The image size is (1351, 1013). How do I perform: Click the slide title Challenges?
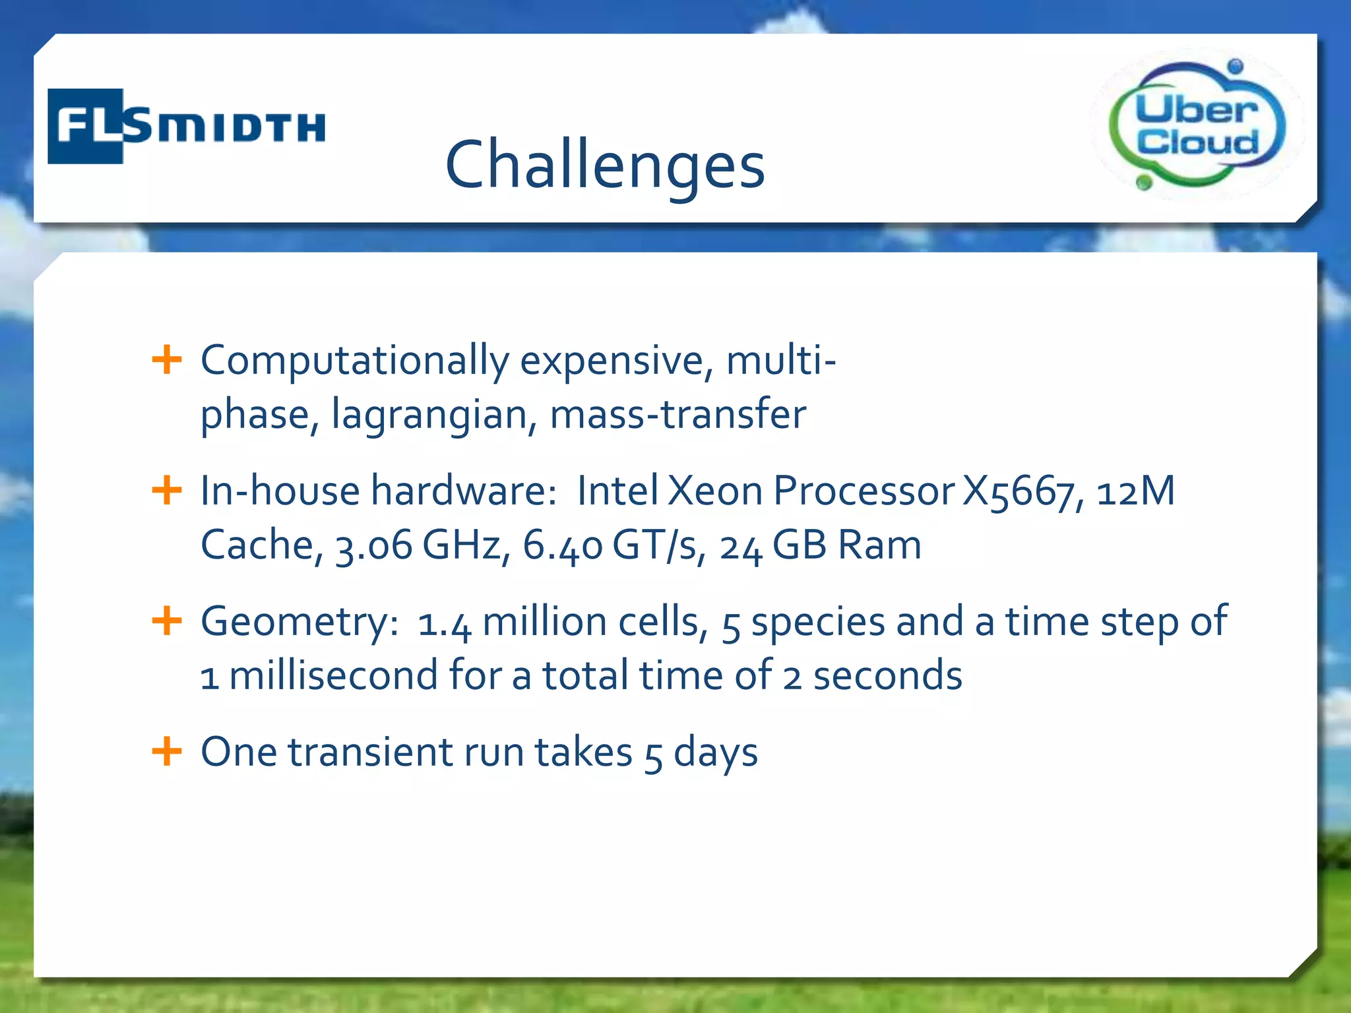click(605, 165)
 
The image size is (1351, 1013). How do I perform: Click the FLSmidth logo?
click(187, 126)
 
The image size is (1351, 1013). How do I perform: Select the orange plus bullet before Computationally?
click(167, 360)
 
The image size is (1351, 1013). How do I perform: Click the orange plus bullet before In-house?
click(167, 491)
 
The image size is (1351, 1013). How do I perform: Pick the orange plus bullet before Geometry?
click(167, 621)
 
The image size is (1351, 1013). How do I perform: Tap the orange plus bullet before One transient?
click(167, 751)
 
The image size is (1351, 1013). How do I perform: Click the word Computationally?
click(354, 361)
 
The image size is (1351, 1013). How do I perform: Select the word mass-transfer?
click(677, 414)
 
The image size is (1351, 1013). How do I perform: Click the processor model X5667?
click(1019, 492)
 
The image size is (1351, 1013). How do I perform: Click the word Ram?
click(879, 545)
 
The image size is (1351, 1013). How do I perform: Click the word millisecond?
click(333, 676)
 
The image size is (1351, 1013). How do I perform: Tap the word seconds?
click(887, 676)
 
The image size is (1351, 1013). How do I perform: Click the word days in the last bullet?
click(715, 753)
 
